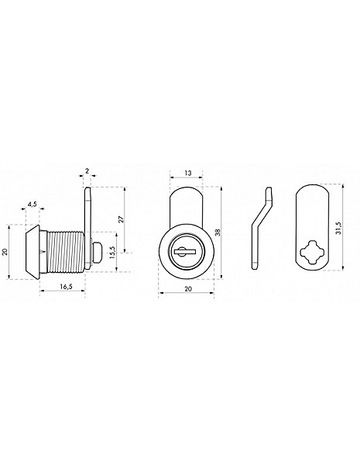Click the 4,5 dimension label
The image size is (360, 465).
32,204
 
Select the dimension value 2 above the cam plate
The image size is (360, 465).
87,170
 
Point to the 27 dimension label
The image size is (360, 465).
121,219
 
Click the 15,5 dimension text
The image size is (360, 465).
112,253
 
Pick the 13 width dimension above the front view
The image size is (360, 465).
188,173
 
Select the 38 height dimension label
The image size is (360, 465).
218,232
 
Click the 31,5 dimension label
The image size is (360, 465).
338,229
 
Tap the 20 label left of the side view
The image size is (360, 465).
5,252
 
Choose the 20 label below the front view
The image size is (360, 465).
188,289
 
